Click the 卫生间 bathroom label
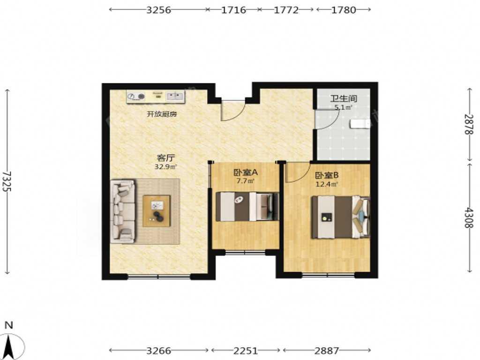click(x=344, y=98)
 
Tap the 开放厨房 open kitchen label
click(x=162, y=114)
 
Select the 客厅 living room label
click(x=165, y=158)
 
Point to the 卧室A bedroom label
click(x=246, y=172)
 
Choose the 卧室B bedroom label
click(x=327, y=176)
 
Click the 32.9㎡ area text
click(x=165, y=167)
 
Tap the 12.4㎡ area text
click(x=327, y=184)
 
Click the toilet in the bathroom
click(x=360, y=124)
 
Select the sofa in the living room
click(x=123, y=211)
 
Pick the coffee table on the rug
click(x=157, y=211)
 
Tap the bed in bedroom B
click(x=341, y=217)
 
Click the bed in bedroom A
click(x=247, y=206)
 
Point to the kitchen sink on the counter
click(x=175, y=97)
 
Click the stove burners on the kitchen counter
click(x=136, y=97)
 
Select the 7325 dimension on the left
click(x=7, y=181)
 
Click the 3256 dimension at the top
click(x=158, y=10)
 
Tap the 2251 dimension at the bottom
click(x=246, y=351)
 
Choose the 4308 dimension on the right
click(x=469, y=217)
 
